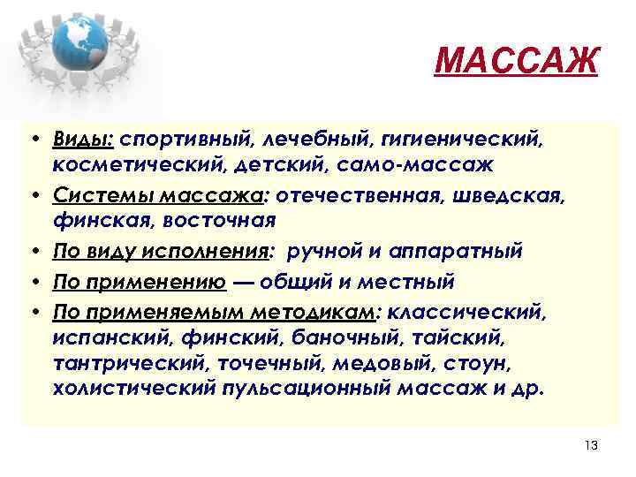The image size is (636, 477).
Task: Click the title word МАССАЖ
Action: pos(518,62)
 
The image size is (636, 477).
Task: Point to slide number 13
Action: pos(591,445)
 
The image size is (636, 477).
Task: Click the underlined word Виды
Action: pos(82,139)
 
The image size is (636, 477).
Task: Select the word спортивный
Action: pos(185,140)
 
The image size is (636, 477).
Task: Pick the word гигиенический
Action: pos(473,140)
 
